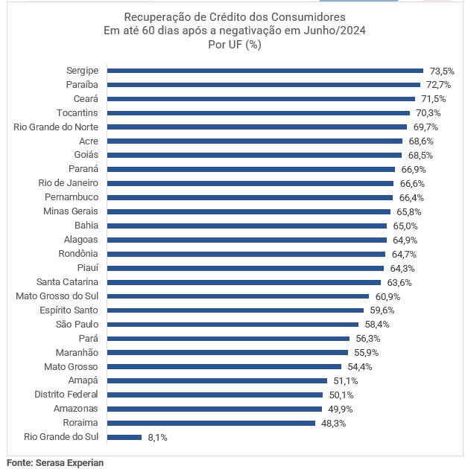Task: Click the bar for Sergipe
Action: point(265,71)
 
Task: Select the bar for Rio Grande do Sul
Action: point(124,438)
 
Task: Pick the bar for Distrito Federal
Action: point(215,395)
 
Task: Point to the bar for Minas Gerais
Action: point(248,211)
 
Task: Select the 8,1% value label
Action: point(158,438)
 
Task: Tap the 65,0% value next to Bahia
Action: point(405,226)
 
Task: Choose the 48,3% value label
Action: point(332,424)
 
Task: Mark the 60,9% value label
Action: point(387,296)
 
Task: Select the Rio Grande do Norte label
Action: point(56,127)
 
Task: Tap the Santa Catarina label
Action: point(67,282)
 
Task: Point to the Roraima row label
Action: point(81,423)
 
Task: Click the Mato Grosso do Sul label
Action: point(57,296)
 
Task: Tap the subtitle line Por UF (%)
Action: point(234,45)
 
